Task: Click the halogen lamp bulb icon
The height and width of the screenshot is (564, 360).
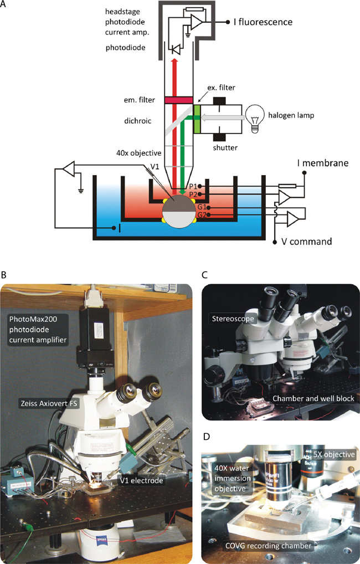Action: [x=254, y=116]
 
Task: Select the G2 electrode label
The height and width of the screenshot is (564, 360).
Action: [x=202, y=214]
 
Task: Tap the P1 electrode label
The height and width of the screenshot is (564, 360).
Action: [x=202, y=187]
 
